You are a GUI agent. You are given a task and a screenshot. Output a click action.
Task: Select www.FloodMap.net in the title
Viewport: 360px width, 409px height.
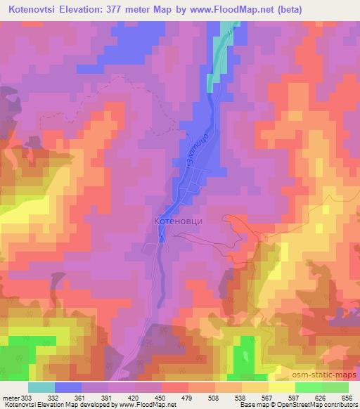tap(231, 11)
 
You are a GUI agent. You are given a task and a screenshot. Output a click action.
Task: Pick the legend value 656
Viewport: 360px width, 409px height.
tap(347, 397)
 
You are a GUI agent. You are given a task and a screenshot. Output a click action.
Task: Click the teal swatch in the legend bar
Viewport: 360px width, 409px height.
tap(42, 387)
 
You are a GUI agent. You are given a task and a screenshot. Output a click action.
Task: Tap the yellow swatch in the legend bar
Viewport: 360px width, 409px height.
tap(281, 387)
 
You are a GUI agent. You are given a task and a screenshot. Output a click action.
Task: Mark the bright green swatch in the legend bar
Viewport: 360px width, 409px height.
tap(307, 387)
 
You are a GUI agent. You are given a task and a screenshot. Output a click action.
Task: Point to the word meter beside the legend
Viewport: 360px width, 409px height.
tap(9, 397)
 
